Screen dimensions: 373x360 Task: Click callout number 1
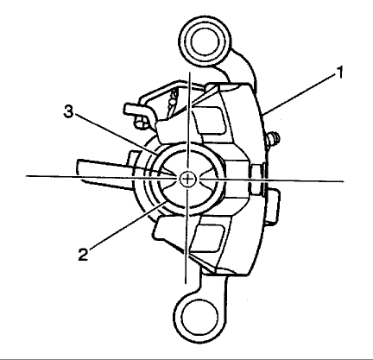[340, 73]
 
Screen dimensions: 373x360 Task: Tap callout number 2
[83, 255]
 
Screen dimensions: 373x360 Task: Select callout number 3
[68, 111]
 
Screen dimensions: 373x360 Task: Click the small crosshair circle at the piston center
[187, 180]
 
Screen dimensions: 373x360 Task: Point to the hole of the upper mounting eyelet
[205, 41]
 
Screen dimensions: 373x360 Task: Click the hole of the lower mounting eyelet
[199, 318]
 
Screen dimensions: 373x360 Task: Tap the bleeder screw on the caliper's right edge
[273, 139]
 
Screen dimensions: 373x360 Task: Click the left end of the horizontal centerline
[26, 175]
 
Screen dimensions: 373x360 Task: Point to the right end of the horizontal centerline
[344, 181]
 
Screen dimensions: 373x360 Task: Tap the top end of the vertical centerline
[189, 72]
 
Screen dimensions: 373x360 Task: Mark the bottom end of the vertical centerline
[186, 283]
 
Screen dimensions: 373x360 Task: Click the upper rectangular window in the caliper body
[209, 120]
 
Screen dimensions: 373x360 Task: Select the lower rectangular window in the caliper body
[208, 238]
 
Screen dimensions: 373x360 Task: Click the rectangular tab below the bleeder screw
[272, 206]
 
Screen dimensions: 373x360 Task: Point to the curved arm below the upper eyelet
[240, 68]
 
